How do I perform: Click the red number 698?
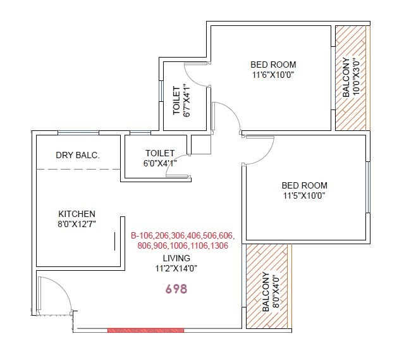click(x=176, y=289)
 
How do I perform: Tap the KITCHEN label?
click(x=77, y=214)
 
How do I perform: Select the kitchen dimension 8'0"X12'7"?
click(x=77, y=225)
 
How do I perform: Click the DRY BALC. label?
click(x=78, y=155)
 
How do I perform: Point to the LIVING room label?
click(x=176, y=258)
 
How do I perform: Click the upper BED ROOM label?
click(x=273, y=65)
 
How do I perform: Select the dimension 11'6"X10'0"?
click(x=273, y=75)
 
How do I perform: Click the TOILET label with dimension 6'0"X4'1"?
click(x=159, y=153)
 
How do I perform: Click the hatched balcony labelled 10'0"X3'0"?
click(x=351, y=78)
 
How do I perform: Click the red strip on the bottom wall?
click(x=145, y=330)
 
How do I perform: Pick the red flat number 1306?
click(x=217, y=246)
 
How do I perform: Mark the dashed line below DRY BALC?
click(x=78, y=170)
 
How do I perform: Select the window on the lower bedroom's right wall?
click(x=368, y=188)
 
